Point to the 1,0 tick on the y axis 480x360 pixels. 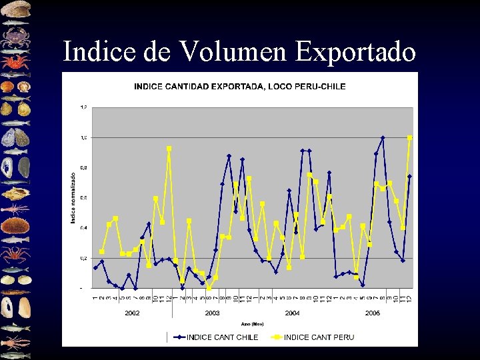pos(83,137)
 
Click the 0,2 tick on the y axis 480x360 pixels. pos(83,258)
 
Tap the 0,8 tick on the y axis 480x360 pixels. pos(83,167)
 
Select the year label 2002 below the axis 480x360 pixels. pos(132,313)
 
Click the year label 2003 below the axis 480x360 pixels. pos(213,313)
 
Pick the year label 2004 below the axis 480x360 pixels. pos(292,313)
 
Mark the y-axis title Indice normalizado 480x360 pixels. pos(73,198)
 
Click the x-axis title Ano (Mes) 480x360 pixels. pos(248,323)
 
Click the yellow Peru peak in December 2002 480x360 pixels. pos(169,148)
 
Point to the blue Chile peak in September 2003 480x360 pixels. pos(229,156)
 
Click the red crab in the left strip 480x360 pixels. pos(15,63)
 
